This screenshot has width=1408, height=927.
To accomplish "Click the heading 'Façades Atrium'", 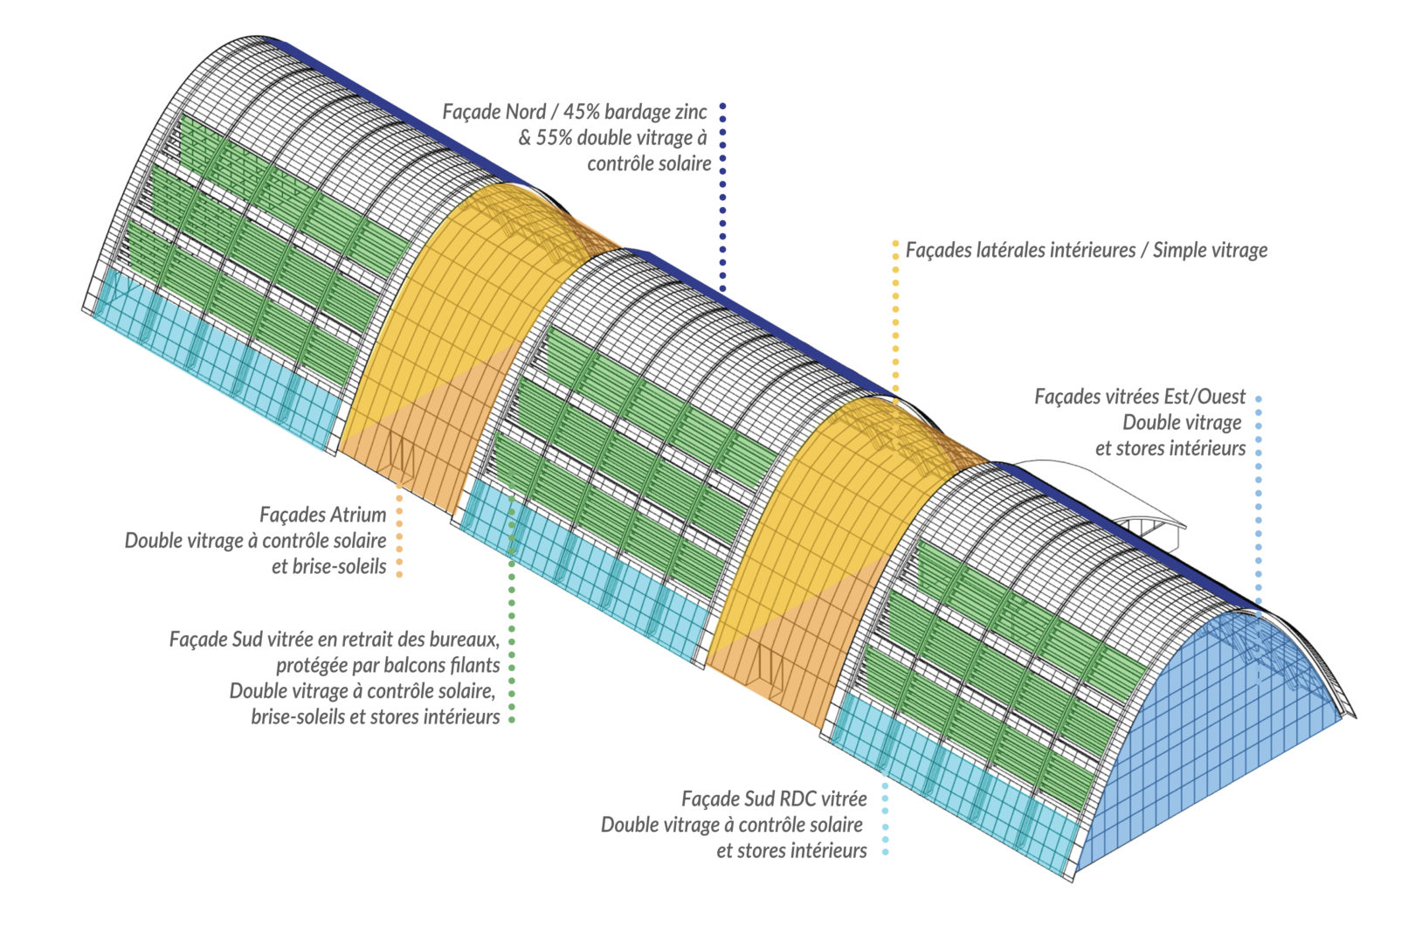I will click(x=322, y=515).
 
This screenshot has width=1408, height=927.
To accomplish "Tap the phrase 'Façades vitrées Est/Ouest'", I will click(x=1140, y=397).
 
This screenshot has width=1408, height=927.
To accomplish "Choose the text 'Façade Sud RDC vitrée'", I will click(x=774, y=799).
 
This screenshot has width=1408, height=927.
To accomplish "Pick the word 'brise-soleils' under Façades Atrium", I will click(x=328, y=566).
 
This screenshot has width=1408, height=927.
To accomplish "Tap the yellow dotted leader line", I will click(x=895, y=315).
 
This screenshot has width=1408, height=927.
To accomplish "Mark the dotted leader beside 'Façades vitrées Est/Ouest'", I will click(x=1259, y=498).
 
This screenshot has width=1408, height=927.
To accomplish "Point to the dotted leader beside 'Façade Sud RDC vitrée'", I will click(x=885, y=821).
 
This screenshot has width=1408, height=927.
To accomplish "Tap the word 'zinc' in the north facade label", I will click(x=690, y=112).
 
